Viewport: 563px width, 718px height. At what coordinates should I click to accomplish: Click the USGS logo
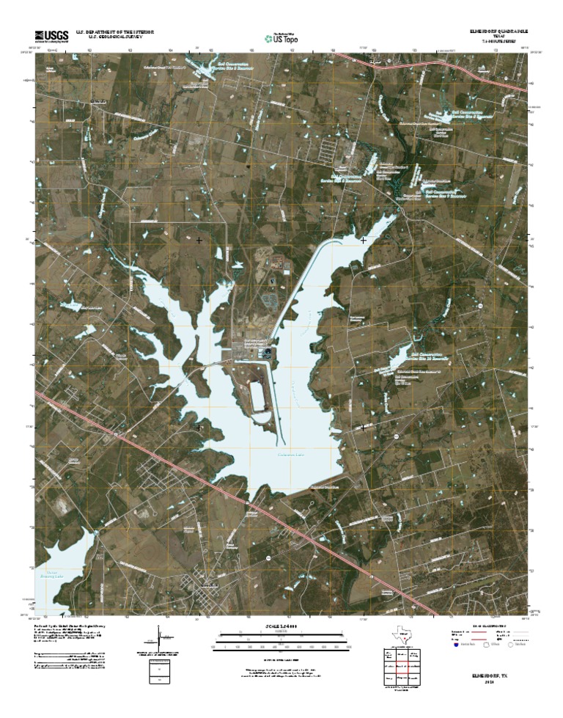[x=51, y=34]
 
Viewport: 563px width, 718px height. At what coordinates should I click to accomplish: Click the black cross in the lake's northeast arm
[x=364, y=240]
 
